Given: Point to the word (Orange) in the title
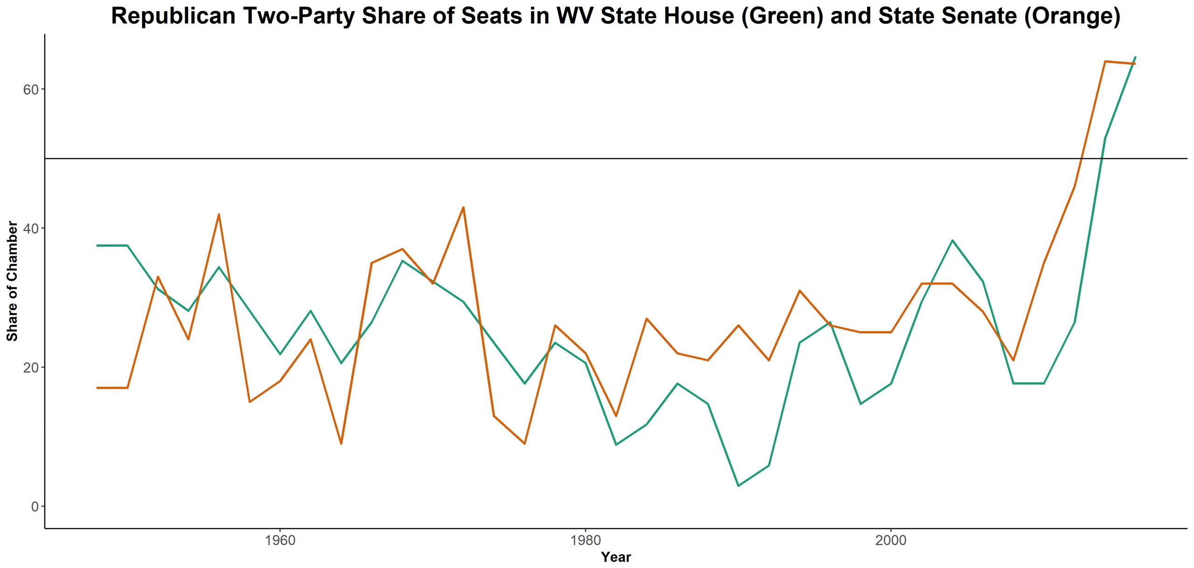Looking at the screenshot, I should [1072, 16].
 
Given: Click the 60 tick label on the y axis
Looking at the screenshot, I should [30, 90].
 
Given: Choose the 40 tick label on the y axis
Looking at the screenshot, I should [30, 229].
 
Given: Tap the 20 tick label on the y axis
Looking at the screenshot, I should [30, 367].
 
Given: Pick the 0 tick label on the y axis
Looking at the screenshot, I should [35, 506].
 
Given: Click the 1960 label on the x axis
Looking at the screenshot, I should [280, 540].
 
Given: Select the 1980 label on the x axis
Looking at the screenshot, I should [585, 540].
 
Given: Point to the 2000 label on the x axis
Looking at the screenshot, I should [891, 540].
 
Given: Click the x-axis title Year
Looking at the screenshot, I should [616, 557].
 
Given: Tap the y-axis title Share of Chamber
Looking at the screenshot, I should [12, 281].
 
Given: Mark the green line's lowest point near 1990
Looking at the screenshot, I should [738, 486].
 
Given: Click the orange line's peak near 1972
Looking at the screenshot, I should [463, 207].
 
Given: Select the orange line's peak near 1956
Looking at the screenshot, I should [219, 214].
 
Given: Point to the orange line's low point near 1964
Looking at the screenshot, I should [341, 443].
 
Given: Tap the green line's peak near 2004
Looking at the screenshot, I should [952, 240].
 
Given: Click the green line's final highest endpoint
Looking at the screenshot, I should [1135, 57].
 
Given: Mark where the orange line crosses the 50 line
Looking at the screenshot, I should [1081, 159].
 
